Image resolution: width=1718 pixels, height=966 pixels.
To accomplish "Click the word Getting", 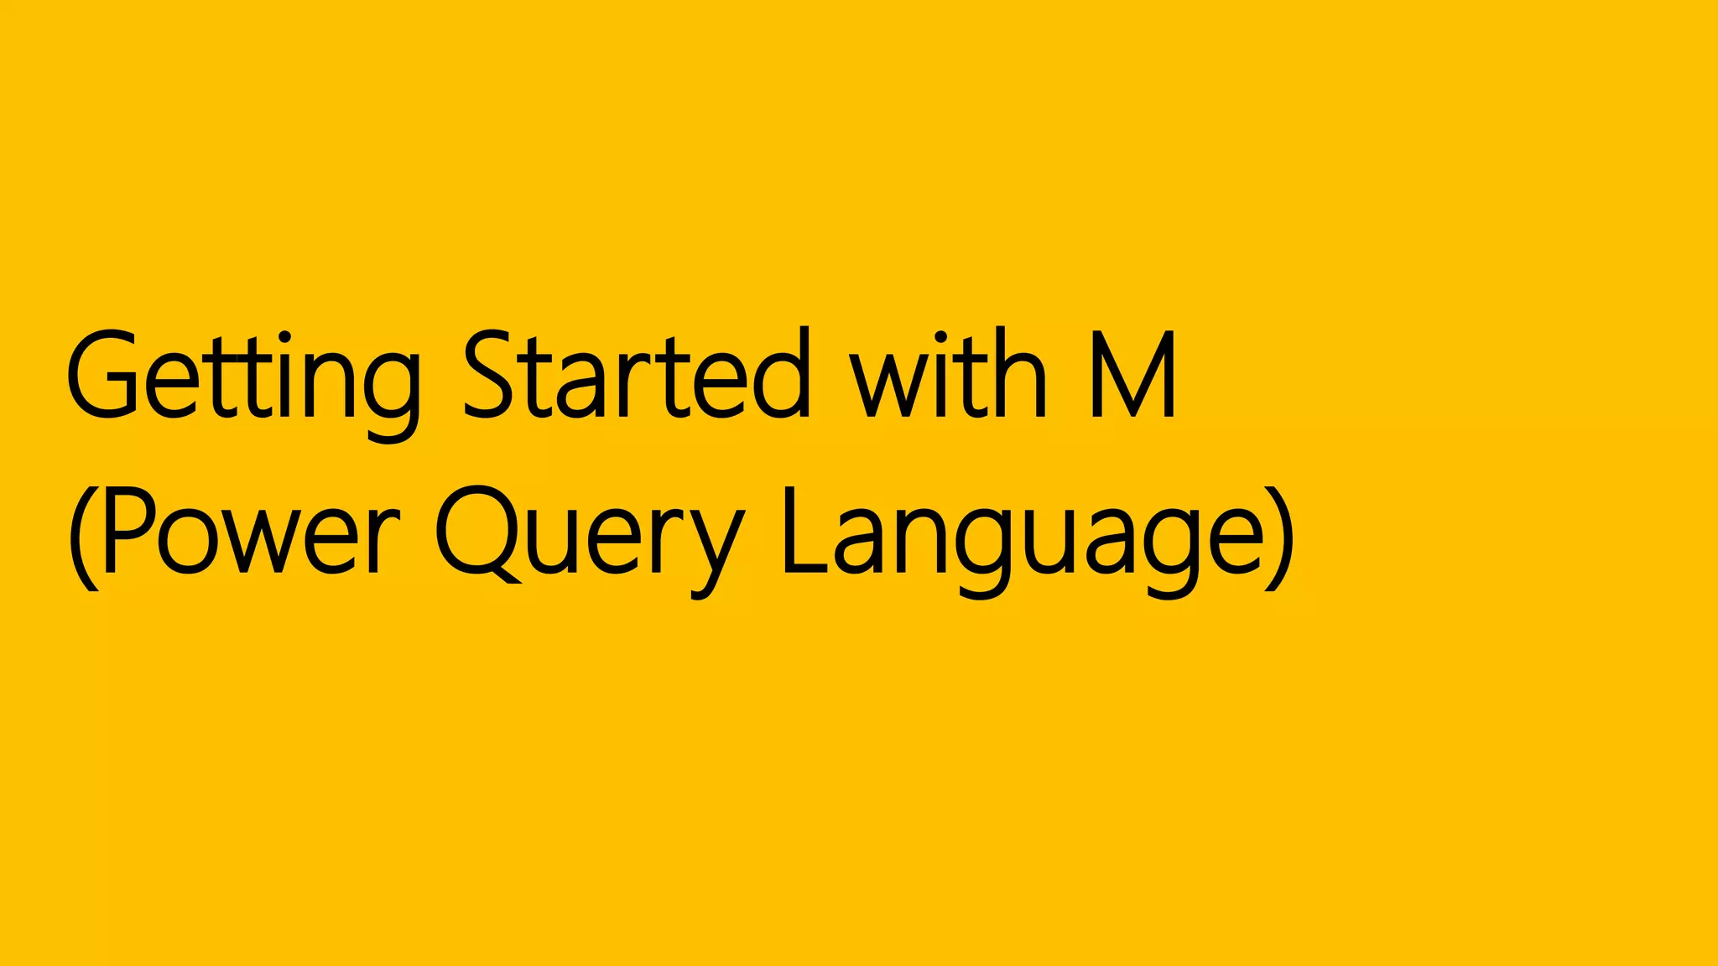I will (243, 377).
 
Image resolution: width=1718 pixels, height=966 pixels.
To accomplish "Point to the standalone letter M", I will (1133, 375).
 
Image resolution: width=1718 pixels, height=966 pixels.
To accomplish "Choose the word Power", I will (252, 532).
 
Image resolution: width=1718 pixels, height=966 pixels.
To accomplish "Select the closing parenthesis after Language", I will (1280, 537).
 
